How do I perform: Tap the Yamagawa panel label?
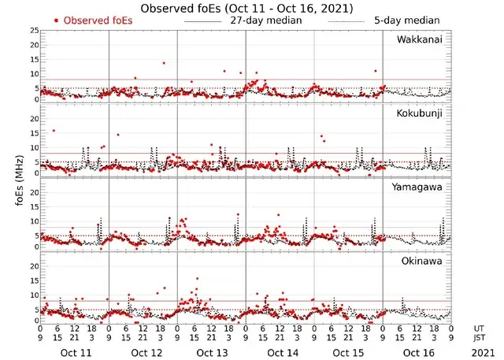click(419, 187)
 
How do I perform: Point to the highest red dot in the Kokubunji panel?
click(54, 131)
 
